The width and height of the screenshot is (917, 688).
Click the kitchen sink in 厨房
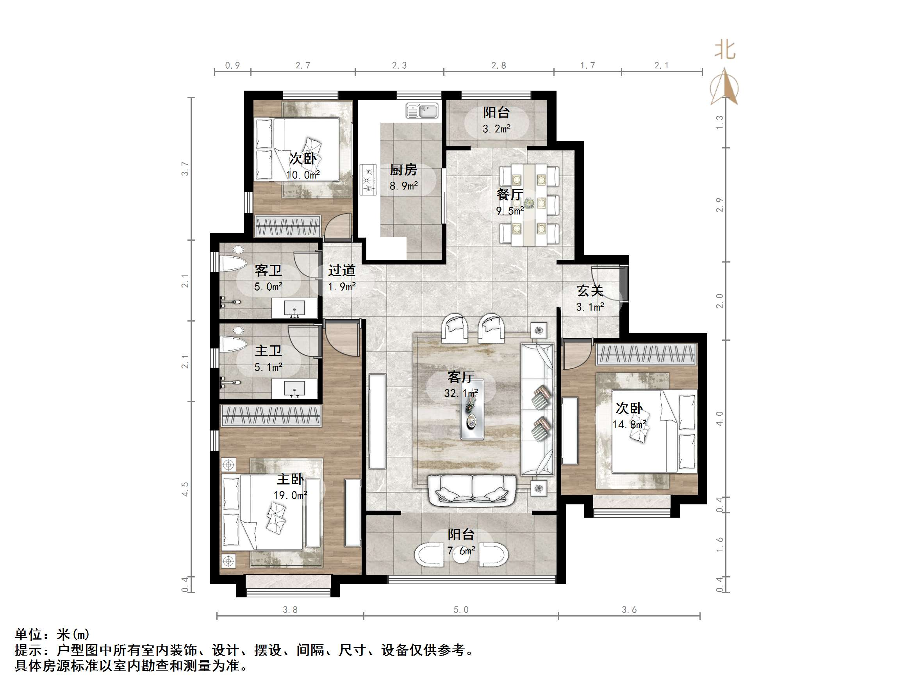(422, 111)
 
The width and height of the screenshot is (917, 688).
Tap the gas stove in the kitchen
(368, 180)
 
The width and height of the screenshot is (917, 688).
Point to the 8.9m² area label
(403, 186)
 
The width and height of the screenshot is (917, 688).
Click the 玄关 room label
(589, 291)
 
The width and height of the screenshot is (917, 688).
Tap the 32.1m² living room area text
(461, 393)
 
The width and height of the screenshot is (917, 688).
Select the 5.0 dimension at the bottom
(460, 609)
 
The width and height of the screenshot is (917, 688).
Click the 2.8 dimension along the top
(498, 66)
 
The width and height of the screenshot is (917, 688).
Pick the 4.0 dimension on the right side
(719, 418)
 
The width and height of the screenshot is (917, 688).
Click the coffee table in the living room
(472, 410)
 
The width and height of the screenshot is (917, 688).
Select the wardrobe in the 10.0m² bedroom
(288, 227)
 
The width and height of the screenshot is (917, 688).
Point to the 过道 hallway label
(342, 271)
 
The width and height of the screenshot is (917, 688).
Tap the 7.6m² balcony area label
(461, 551)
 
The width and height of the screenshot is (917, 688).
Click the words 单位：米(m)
(52, 634)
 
